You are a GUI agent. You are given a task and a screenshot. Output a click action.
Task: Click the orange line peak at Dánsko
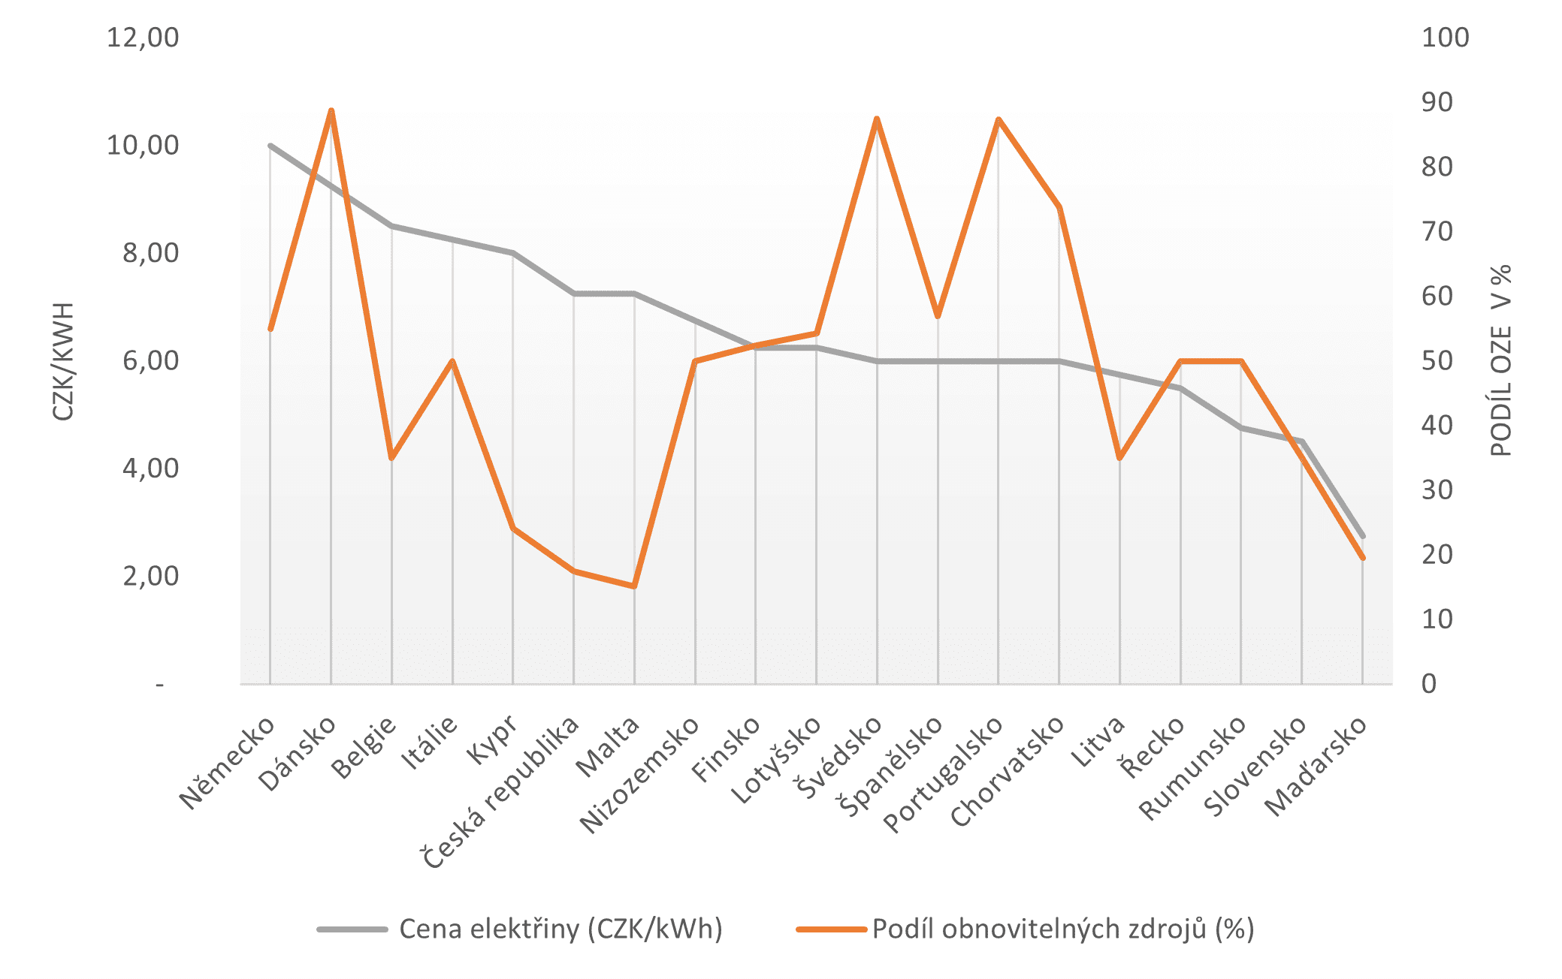pyautogui.click(x=331, y=111)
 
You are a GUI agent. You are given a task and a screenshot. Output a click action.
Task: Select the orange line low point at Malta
pyautogui.click(x=634, y=586)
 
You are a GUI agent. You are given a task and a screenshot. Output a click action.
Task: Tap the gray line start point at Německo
pyautogui.click(x=270, y=146)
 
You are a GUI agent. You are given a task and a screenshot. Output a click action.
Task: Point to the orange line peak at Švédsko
pyautogui.click(x=877, y=119)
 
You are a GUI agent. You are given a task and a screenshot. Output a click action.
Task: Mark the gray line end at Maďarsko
pyautogui.click(x=1362, y=536)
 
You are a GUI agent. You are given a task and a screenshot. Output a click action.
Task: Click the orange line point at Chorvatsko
pyautogui.click(x=1059, y=207)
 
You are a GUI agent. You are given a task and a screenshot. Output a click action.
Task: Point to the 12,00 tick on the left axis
pyautogui.click(x=143, y=38)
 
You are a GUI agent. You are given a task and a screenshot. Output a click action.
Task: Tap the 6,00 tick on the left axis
pyautogui.click(x=150, y=361)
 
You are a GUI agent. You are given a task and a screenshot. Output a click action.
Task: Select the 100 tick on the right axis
pyautogui.click(x=1445, y=38)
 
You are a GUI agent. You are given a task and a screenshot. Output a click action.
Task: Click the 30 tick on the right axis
pyautogui.click(x=1437, y=490)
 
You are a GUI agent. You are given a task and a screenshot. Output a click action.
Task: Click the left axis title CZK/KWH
pyautogui.click(x=63, y=361)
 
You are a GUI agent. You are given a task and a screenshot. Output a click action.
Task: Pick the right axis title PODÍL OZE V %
pyautogui.click(x=1500, y=360)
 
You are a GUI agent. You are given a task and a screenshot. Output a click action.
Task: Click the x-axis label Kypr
pyautogui.click(x=493, y=740)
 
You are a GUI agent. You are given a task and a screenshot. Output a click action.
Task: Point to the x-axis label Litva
pyautogui.click(x=1098, y=741)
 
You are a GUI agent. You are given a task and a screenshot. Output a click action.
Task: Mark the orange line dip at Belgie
pyautogui.click(x=391, y=457)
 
